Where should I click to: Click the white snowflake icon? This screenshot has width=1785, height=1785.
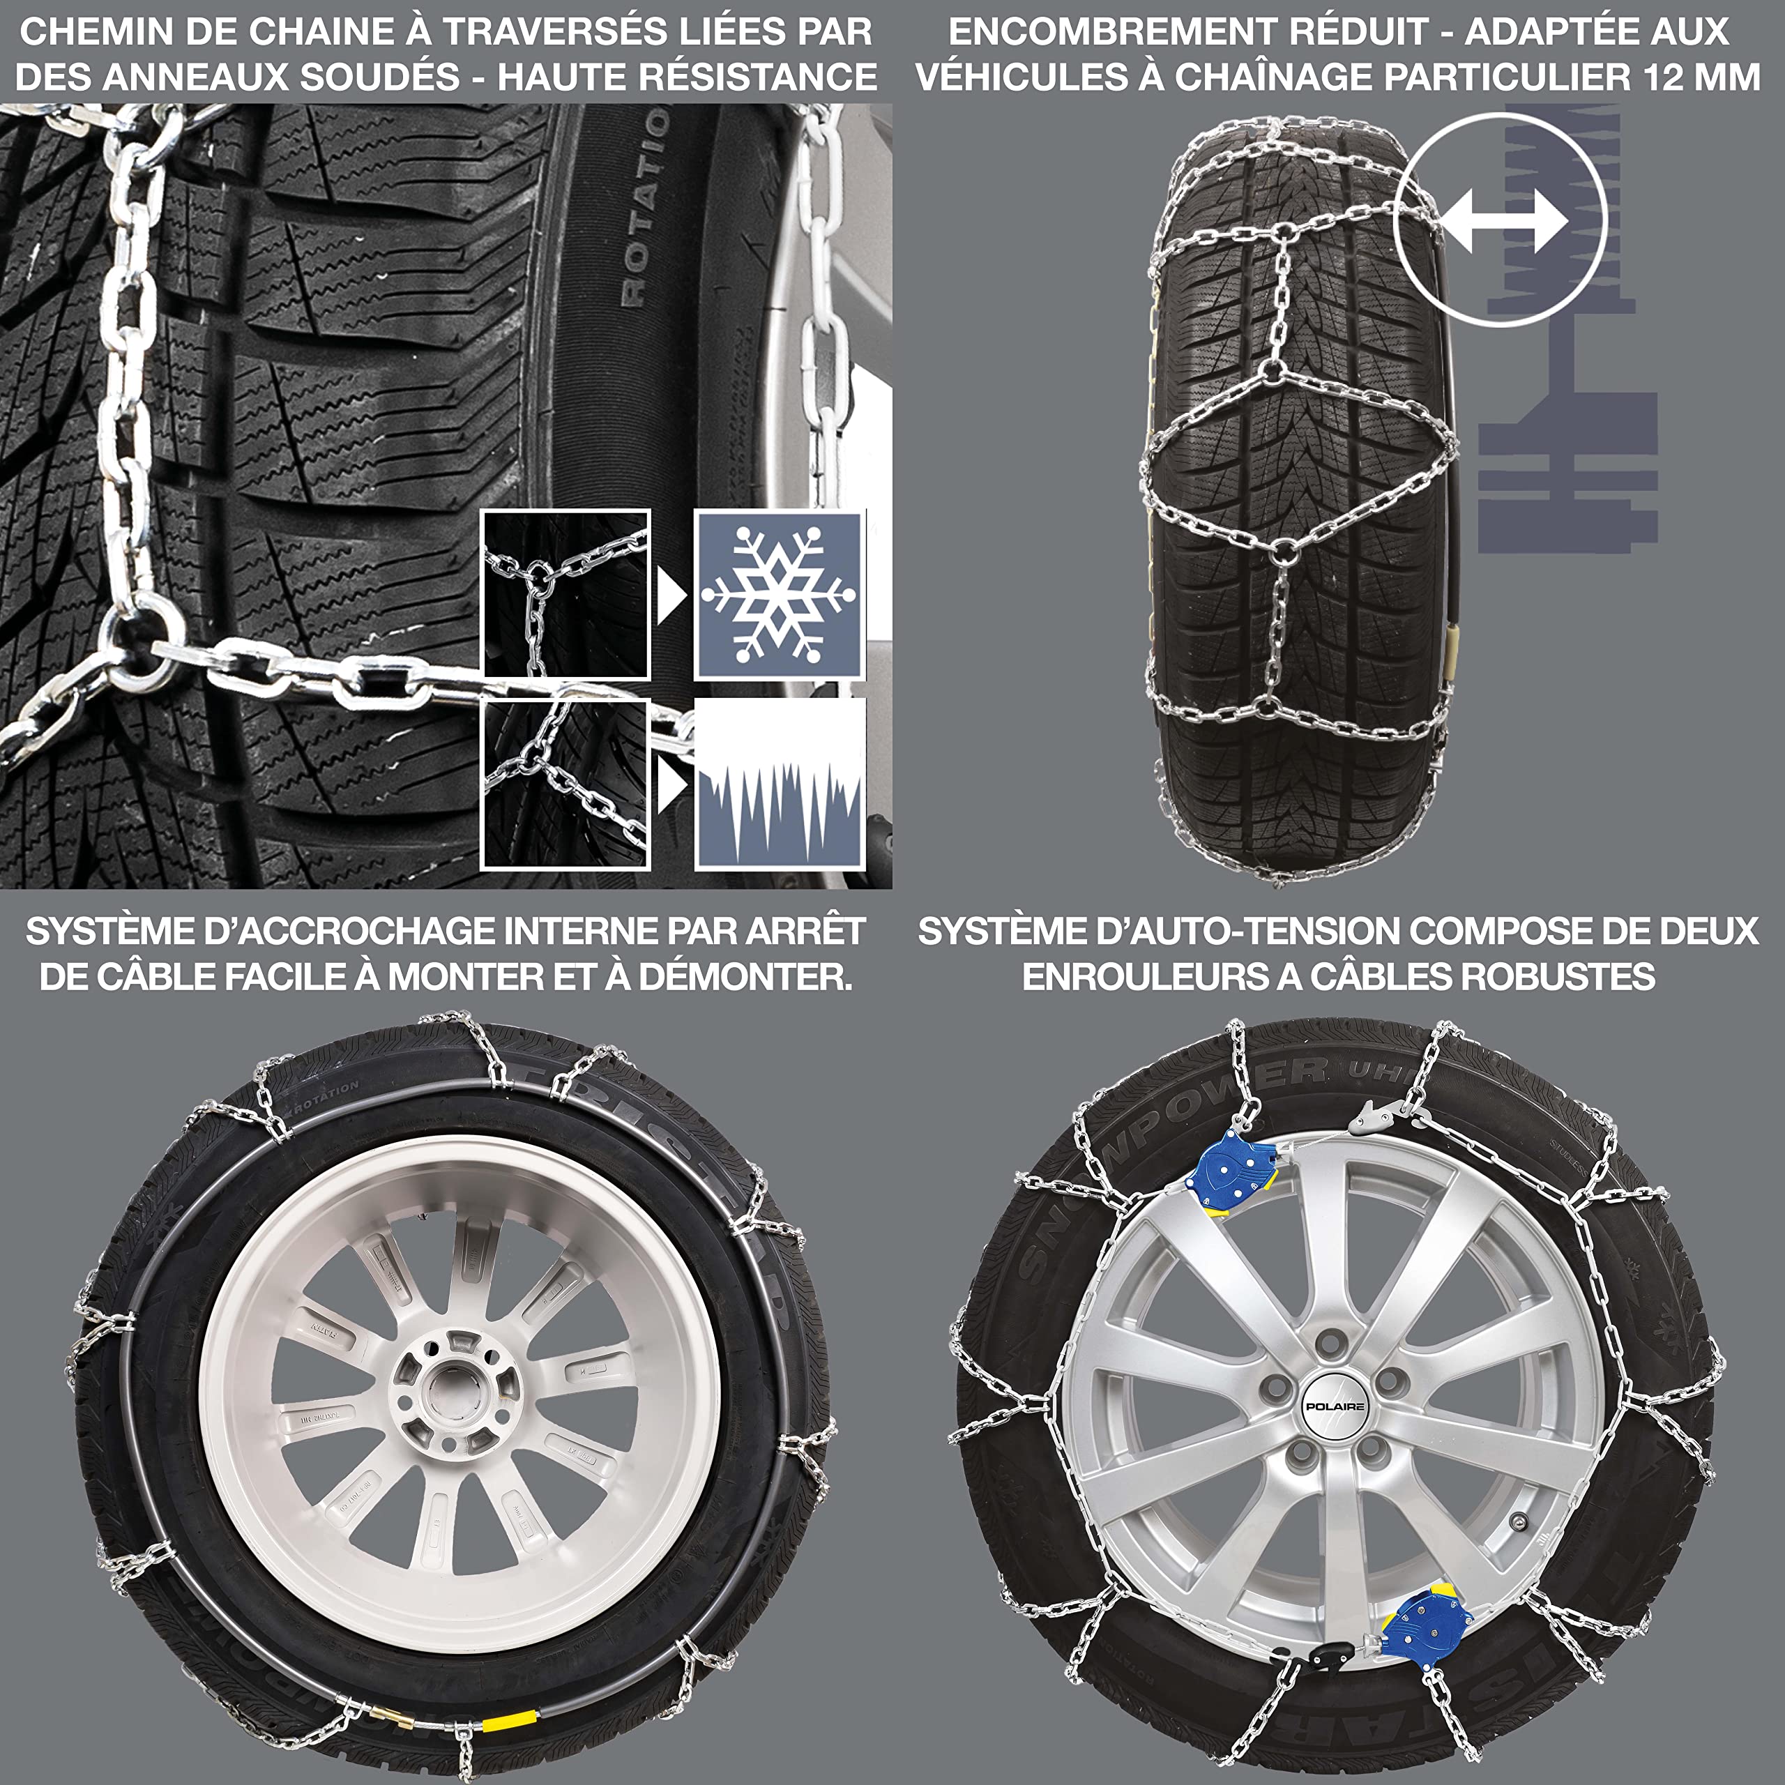click(x=779, y=595)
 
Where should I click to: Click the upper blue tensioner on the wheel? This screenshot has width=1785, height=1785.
click(x=1231, y=1171)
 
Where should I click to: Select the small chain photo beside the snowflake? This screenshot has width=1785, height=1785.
click(x=565, y=595)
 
